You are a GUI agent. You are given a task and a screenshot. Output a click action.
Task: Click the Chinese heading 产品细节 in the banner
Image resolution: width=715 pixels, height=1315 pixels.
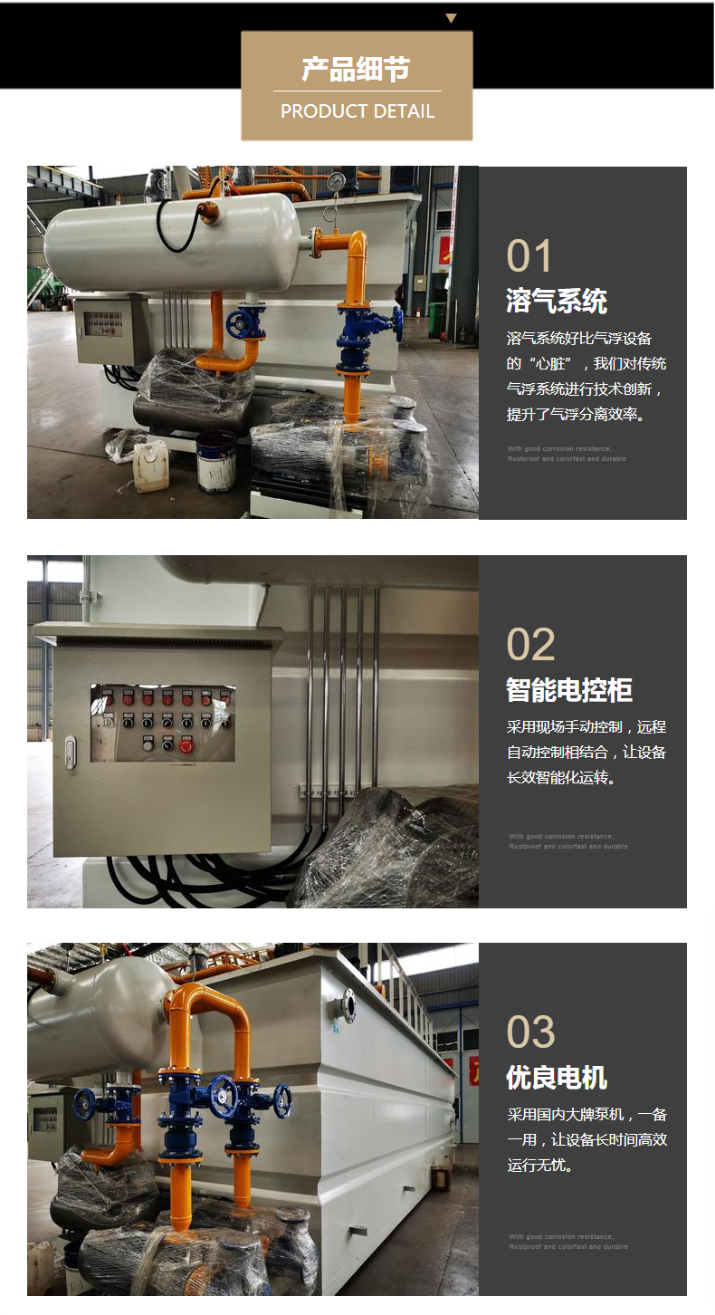(x=357, y=69)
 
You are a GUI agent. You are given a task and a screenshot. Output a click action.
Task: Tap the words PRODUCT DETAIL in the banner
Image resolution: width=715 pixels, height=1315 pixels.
(x=357, y=111)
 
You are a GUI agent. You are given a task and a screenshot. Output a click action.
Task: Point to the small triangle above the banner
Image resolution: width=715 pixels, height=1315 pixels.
(x=451, y=18)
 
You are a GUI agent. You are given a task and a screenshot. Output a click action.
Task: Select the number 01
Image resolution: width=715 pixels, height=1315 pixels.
(x=529, y=256)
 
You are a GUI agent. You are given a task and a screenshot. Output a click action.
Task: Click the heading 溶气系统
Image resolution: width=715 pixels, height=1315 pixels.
(x=556, y=301)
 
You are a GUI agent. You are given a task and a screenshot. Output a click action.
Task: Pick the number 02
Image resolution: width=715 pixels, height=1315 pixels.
(x=530, y=645)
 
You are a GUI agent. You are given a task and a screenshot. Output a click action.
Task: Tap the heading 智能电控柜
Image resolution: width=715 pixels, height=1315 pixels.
(x=568, y=690)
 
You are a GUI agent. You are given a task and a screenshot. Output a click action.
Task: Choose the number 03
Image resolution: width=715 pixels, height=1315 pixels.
(x=530, y=1032)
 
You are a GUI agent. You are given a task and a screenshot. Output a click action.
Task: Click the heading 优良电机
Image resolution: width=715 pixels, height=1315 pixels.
(x=556, y=1078)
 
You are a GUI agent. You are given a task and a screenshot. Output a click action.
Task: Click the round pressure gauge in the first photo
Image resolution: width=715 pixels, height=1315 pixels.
(x=336, y=182)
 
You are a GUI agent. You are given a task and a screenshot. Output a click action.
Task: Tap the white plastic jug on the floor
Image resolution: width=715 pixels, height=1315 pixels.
(x=150, y=465)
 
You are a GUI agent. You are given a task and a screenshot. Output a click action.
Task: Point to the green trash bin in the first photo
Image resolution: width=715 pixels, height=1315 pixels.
(x=436, y=320)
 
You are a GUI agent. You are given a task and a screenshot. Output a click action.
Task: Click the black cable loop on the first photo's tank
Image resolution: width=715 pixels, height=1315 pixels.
(x=176, y=226)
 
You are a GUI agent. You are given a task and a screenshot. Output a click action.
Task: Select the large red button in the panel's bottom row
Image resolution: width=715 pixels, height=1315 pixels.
(x=186, y=745)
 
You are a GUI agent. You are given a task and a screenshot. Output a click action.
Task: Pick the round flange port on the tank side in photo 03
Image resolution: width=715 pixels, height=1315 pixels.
(x=347, y=1006)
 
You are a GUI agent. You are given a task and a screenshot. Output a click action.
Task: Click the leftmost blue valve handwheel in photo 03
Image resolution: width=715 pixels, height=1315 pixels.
(x=85, y=1103)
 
